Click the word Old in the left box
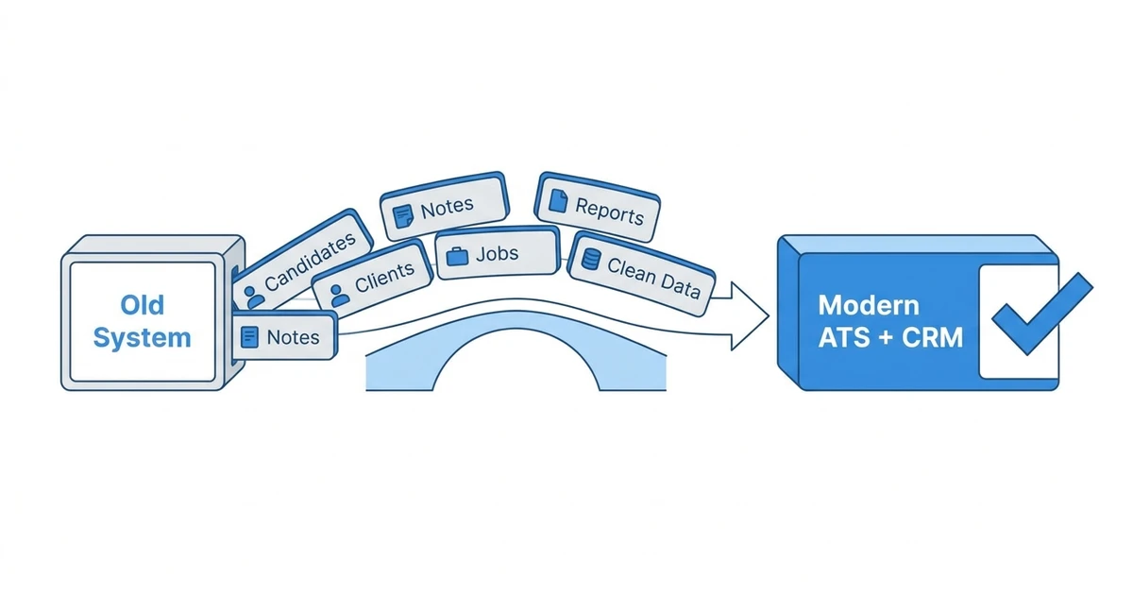coord(143,304)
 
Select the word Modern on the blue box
coord(869,305)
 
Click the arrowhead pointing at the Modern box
coord(750,316)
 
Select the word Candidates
coord(310,262)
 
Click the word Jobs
coord(498,253)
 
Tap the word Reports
coord(610,212)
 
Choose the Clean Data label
coord(653,278)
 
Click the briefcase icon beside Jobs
coord(457,256)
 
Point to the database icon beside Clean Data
coord(590,259)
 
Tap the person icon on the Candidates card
coord(253,297)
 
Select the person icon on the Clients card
coord(339,296)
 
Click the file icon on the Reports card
coord(558,201)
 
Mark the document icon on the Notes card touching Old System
coord(249,337)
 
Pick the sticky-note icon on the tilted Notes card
coord(403,216)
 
